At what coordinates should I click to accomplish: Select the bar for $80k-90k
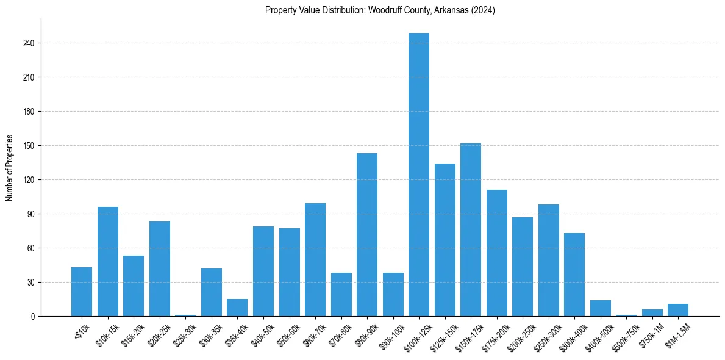367,235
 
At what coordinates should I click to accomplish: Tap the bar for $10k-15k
108,262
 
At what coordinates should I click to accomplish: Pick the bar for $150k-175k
471,230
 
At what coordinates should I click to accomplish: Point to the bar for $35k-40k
237,308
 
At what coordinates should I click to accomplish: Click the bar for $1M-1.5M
678,310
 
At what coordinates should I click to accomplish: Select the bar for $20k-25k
160,269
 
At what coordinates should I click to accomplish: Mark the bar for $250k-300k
549,261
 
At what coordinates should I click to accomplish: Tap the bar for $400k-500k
601,308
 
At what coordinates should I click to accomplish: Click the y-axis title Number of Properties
9,168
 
